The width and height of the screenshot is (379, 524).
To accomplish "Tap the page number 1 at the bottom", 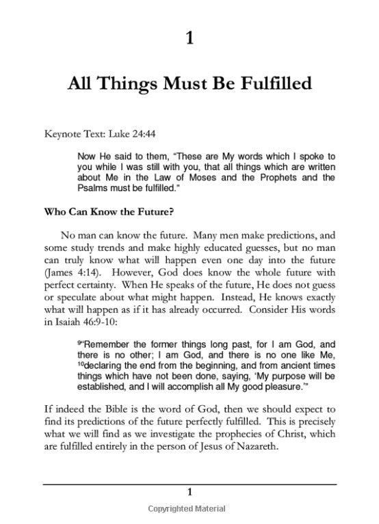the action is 189,492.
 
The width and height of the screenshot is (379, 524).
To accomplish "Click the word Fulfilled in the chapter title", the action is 267,85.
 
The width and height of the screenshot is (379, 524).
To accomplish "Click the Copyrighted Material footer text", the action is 189,509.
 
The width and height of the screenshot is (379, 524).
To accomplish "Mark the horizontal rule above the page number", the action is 189,482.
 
